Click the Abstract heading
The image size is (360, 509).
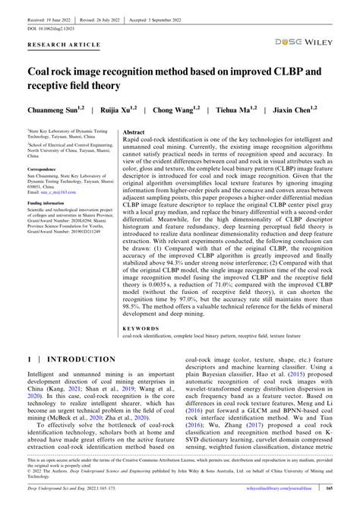point(134,131)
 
